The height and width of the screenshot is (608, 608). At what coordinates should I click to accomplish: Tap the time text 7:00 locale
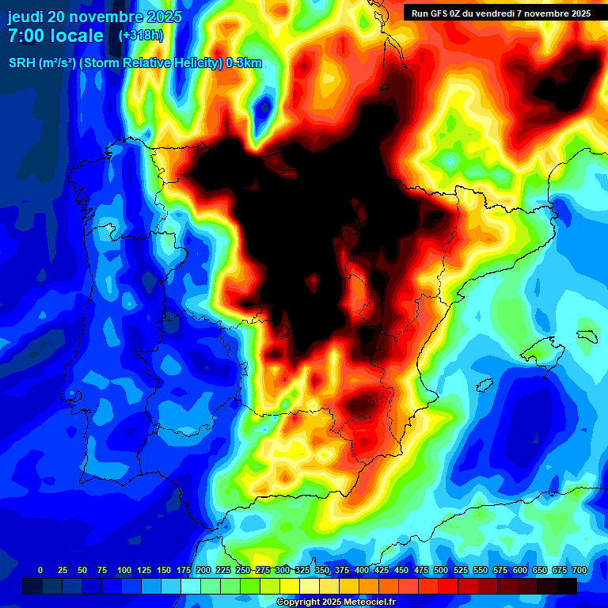(55, 36)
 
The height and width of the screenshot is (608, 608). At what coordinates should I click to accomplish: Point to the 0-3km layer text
(244, 63)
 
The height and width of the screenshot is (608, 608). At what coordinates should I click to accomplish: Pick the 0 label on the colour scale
(40, 570)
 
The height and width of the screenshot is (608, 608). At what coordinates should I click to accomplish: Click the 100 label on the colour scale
(124, 570)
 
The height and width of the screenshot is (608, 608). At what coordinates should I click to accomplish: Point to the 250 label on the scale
(243, 570)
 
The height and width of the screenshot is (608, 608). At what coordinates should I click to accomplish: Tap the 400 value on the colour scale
(362, 570)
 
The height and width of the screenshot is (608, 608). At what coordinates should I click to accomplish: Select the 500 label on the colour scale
(441, 570)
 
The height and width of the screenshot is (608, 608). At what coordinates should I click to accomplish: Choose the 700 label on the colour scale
(579, 570)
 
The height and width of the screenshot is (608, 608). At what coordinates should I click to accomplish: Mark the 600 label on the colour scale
(520, 570)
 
